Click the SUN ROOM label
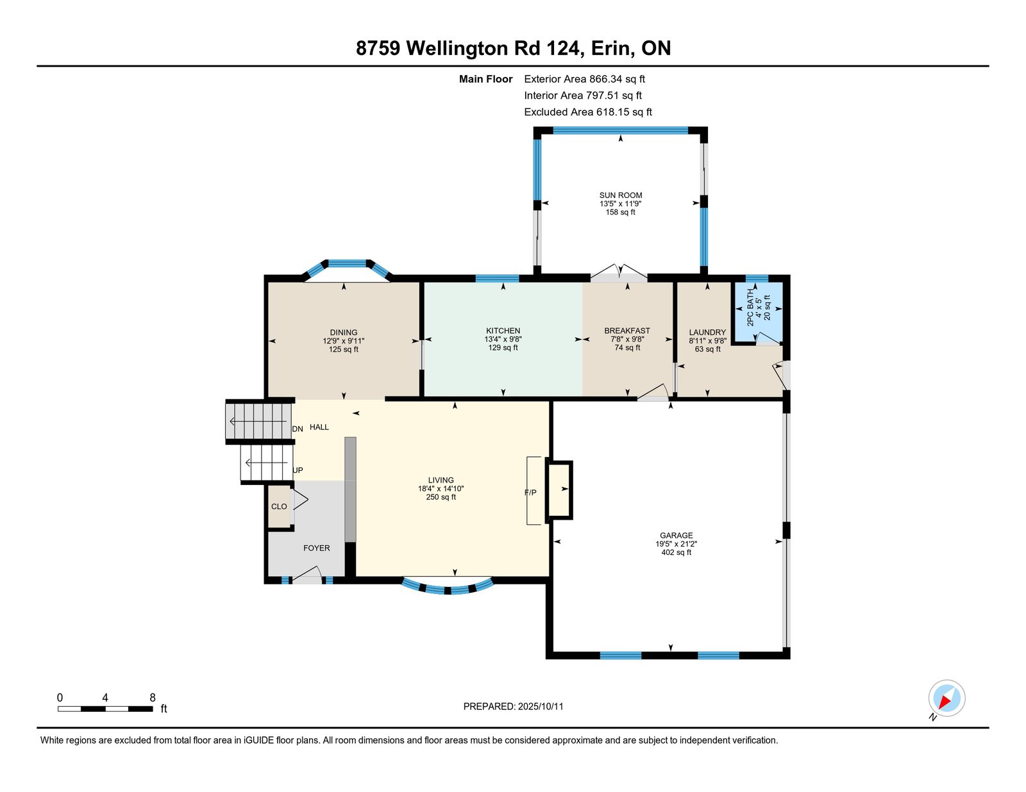[621, 195]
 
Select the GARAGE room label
[676, 536]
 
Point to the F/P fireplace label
[530, 493]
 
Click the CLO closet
[279, 506]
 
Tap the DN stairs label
[298, 429]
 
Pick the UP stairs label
[298, 470]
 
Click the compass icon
[946, 698]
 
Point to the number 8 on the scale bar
[153, 698]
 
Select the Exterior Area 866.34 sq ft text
[584, 79]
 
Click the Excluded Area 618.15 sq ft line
[588, 112]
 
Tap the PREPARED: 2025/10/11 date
[513, 707]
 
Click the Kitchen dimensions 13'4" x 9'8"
[503, 339]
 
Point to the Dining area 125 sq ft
[343, 349]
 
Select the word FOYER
[316, 548]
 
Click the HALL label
[319, 427]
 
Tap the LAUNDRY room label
[707, 333]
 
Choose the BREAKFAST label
[627, 331]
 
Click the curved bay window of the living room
[448, 588]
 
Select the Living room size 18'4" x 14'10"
[441, 489]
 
